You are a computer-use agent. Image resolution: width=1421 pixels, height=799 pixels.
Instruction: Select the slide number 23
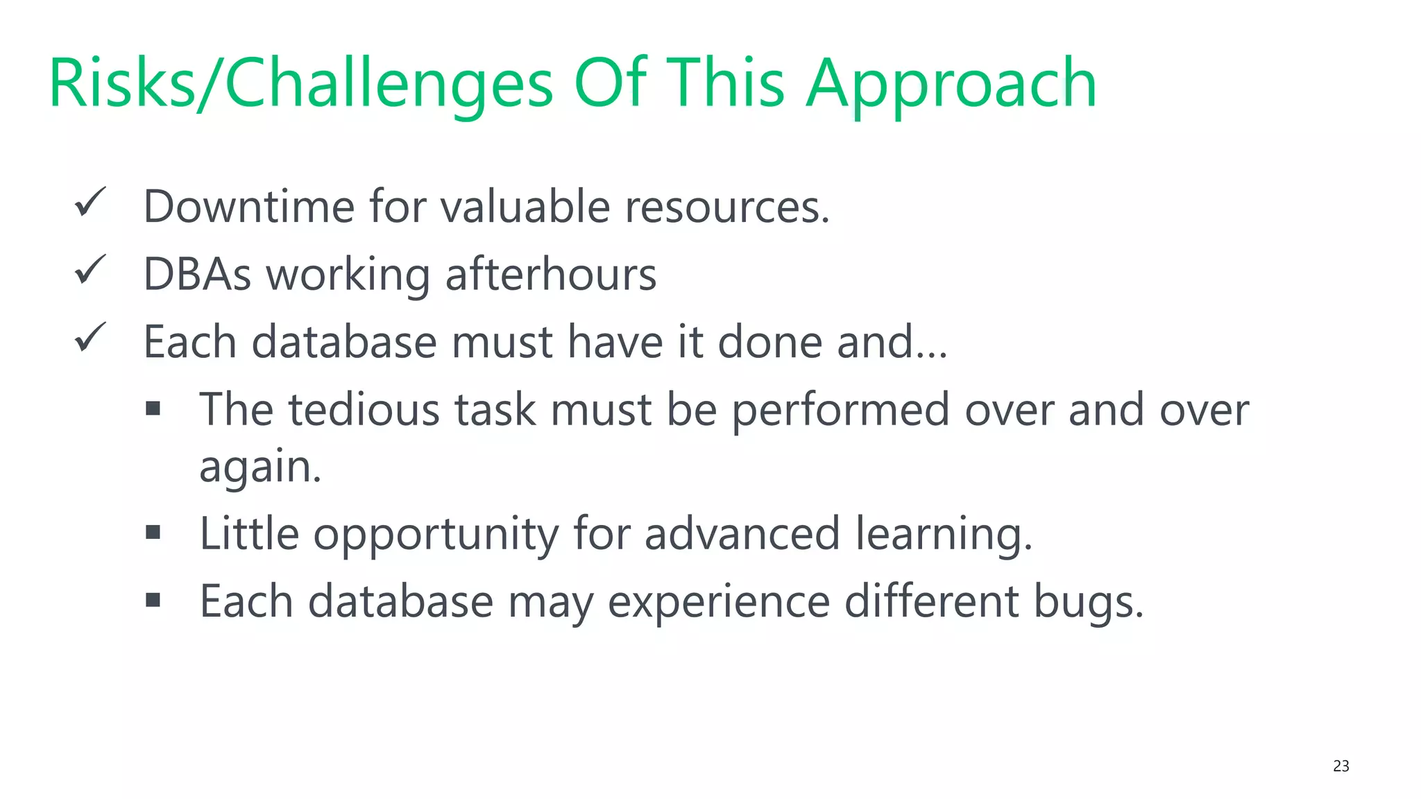pos(1341,766)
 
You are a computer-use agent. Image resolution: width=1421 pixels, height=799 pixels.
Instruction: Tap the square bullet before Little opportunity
pos(153,532)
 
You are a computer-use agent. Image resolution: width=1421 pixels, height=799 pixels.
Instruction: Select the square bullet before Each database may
pos(153,599)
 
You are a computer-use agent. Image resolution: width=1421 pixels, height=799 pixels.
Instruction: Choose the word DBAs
pos(197,274)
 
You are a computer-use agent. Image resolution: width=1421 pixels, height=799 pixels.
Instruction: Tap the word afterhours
pos(550,274)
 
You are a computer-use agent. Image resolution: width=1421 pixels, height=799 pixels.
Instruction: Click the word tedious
pos(364,409)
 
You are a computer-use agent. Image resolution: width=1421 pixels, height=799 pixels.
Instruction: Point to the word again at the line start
pos(259,466)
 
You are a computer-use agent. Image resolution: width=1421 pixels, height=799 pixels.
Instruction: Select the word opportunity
pos(436,534)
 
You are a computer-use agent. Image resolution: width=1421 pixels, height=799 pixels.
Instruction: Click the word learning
pos(943,534)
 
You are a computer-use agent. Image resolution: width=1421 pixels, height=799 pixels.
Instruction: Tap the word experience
pos(718,601)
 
